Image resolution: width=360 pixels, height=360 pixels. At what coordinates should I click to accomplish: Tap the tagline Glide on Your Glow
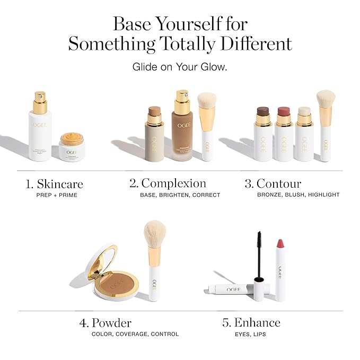[x=180, y=67]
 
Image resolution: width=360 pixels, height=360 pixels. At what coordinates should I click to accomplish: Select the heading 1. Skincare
[x=54, y=185]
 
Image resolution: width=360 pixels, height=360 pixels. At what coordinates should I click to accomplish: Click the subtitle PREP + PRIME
[x=54, y=195]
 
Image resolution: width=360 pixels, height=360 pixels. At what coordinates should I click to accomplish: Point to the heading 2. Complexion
[x=168, y=183]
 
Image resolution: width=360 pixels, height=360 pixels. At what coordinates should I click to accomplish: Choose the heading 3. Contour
[x=273, y=184]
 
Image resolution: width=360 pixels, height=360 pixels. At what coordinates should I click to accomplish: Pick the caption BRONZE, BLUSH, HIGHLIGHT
[x=298, y=195]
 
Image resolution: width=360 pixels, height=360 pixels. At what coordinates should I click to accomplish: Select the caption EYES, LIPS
[x=250, y=334]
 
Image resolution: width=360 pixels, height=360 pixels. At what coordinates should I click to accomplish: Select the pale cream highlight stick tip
[x=304, y=112]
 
